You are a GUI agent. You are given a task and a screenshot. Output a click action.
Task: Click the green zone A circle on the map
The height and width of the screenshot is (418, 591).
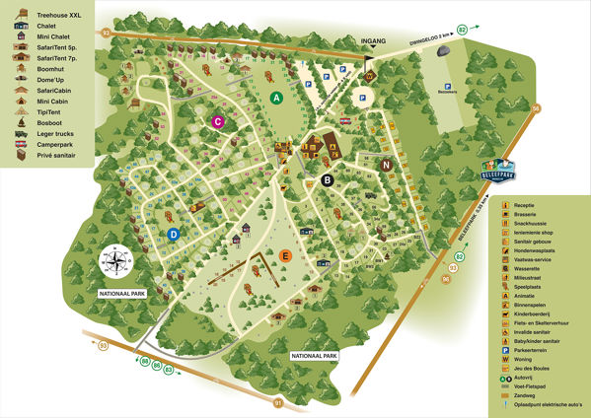click(277, 98)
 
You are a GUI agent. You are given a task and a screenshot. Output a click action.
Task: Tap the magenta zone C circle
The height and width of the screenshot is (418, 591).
click(219, 122)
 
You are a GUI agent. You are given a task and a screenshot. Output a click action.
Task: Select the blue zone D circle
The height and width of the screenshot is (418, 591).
click(173, 235)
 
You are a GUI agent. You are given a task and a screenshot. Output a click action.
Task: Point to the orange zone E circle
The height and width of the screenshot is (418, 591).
click(285, 256)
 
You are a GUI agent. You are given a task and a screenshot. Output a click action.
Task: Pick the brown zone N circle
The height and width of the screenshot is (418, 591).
click(387, 165)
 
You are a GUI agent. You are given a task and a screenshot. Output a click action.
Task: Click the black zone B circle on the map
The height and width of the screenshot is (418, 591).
click(327, 179)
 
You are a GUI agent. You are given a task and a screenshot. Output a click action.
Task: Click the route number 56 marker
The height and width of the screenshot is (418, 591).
click(536, 108)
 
